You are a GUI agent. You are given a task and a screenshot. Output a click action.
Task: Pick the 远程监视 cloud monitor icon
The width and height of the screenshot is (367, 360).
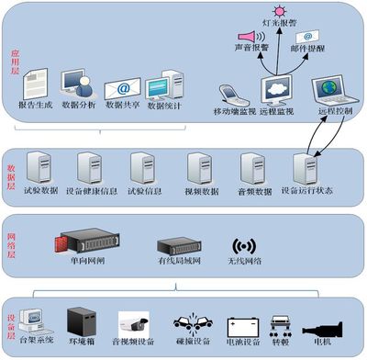pyautogui.click(x=276, y=88)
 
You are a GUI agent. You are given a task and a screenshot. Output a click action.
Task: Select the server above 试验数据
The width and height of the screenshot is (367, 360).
pyautogui.click(x=41, y=168)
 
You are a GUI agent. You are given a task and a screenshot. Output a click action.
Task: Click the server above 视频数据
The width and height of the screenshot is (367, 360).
pyautogui.click(x=199, y=168)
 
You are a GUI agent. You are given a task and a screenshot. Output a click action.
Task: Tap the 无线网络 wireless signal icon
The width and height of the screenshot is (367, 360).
pyautogui.click(x=243, y=247)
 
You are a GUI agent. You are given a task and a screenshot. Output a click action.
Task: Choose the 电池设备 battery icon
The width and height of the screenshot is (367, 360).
pyautogui.click(x=241, y=326)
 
